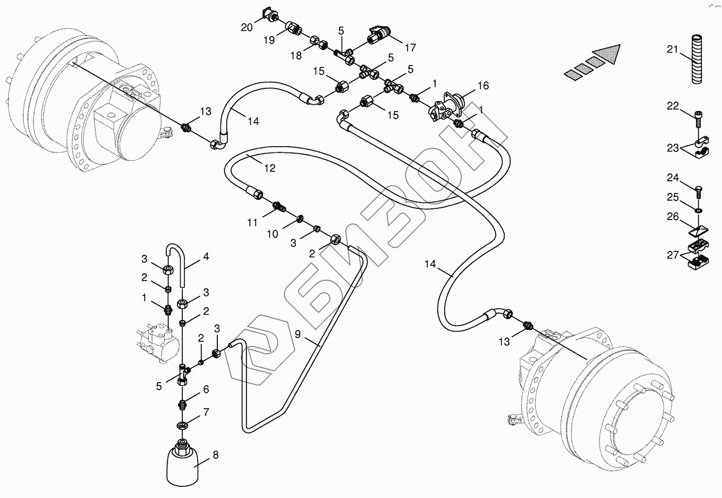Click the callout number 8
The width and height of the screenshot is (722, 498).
click(x=215, y=455)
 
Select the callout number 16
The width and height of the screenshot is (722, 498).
click(x=482, y=86)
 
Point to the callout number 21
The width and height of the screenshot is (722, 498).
click(x=673, y=49)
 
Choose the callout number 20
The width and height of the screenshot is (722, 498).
click(x=247, y=28)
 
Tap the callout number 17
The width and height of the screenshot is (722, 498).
click(x=410, y=47)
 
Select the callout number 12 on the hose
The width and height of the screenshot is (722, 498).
click(x=269, y=168)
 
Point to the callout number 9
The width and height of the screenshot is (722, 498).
click(x=298, y=334)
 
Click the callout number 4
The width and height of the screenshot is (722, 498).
click(x=206, y=257)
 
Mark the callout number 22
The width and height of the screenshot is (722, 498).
click(x=673, y=106)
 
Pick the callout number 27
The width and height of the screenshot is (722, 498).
click(x=673, y=255)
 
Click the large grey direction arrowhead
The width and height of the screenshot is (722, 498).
click(x=608, y=55)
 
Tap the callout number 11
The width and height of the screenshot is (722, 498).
click(x=252, y=223)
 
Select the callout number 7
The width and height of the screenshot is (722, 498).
click(x=206, y=412)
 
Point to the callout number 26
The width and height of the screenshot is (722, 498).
click(x=673, y=216)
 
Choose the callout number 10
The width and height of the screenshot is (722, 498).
click(x=272, y=234)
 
